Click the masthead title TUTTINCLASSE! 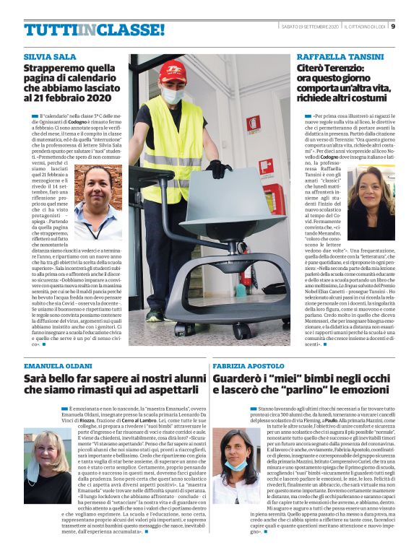pos(94,30)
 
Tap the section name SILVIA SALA pos(49,56)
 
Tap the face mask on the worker pos(173,95)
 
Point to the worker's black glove pos(218,169)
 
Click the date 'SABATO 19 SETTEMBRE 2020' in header pos(310,27)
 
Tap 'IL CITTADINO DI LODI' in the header pos(365,27)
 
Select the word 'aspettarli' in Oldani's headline pos(164,390)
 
